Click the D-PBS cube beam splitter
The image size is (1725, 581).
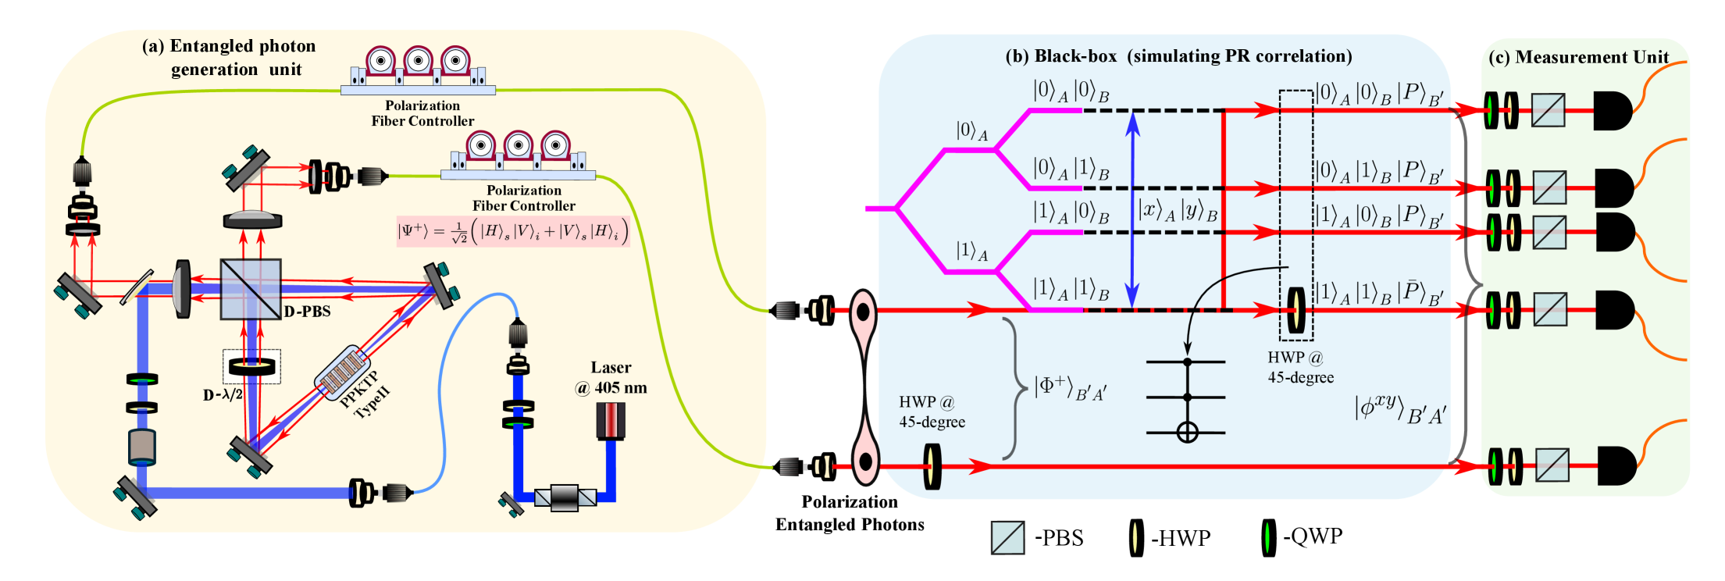coord(250,289)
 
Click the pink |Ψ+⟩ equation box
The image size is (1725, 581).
coord(512,231)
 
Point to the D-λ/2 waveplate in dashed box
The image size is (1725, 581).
coord(251,366)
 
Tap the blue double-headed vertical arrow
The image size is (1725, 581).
coord(1132,209)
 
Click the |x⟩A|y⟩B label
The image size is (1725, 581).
coord(1178,210)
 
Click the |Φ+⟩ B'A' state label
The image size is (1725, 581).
coord(1070,387)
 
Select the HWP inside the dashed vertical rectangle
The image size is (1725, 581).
coord(1296,310)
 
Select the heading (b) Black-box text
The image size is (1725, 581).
coord(1178,56)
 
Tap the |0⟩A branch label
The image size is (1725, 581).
coord(971,130)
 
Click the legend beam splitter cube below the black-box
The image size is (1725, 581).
coord(1007,537)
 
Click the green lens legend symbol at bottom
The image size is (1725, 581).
coord(1267,537)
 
